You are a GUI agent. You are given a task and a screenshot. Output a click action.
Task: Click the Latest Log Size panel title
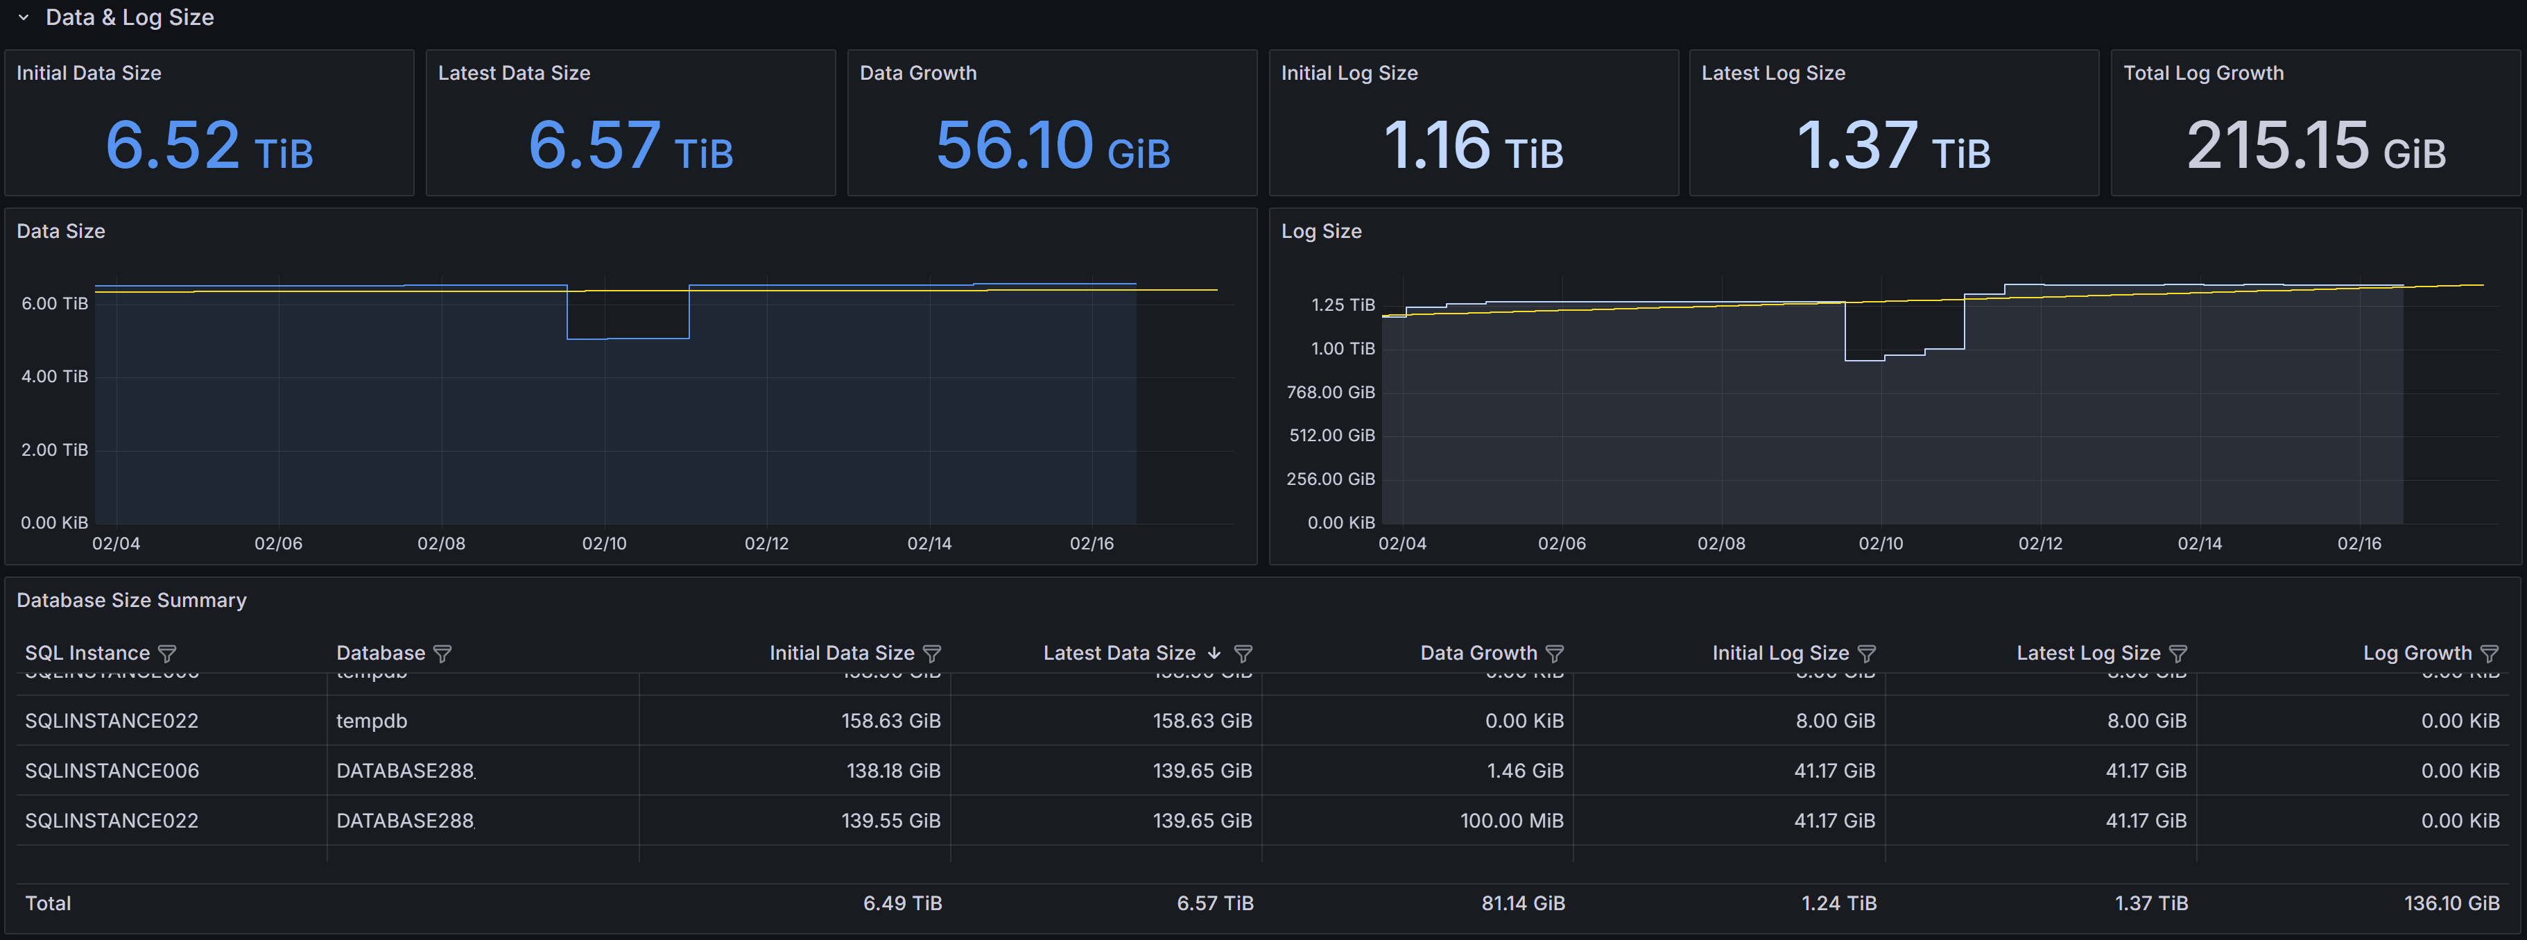click(x=1773, y=74)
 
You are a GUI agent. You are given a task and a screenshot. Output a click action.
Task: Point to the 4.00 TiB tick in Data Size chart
click(x=55, y=377)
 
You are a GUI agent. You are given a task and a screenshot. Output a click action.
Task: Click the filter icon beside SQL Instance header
click(x=168, y=653)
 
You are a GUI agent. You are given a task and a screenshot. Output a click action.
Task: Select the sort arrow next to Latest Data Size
click(x=1214, y=653)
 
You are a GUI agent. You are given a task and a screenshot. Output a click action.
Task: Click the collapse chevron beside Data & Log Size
click(x=24, y=17)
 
